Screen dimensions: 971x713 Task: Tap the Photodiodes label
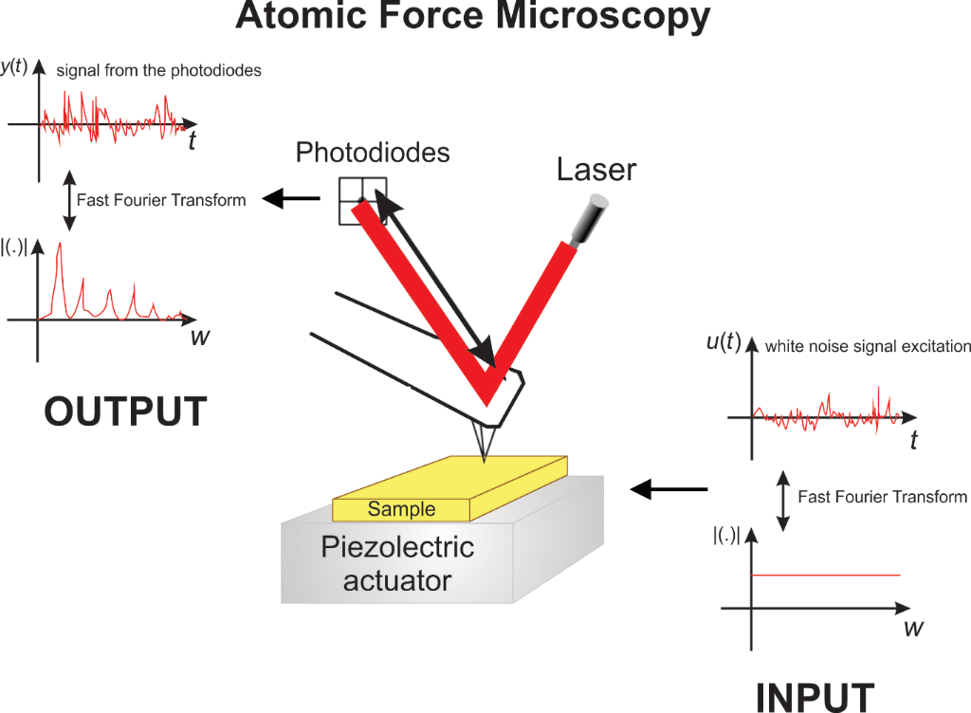coord(373,153)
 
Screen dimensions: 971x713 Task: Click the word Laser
coord(596,170)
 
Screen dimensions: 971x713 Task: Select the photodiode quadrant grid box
coord(363,201)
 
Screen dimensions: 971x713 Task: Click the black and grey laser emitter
coord(590,220)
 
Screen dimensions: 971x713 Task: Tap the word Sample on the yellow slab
coord(401,509)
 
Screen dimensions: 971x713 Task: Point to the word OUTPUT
coord(126,411)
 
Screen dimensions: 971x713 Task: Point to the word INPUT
coord(815,698)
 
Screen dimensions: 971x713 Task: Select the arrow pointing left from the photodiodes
coord(291,199)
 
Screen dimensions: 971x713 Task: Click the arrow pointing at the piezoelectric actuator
coord(669,489)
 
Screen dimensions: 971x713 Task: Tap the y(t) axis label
coord(14,65)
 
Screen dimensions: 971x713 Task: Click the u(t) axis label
coord(724,341)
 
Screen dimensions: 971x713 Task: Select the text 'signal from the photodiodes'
coord(158,70)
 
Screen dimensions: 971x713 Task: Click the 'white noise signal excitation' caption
coord(868,346)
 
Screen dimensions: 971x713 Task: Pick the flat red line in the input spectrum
coord(826,575)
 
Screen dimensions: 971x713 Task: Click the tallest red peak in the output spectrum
coord(60,244)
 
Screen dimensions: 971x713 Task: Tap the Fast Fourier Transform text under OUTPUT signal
coord(161,200)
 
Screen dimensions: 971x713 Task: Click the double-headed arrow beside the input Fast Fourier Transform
coord(783,501)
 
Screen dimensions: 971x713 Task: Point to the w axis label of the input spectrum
coord(913,629)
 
